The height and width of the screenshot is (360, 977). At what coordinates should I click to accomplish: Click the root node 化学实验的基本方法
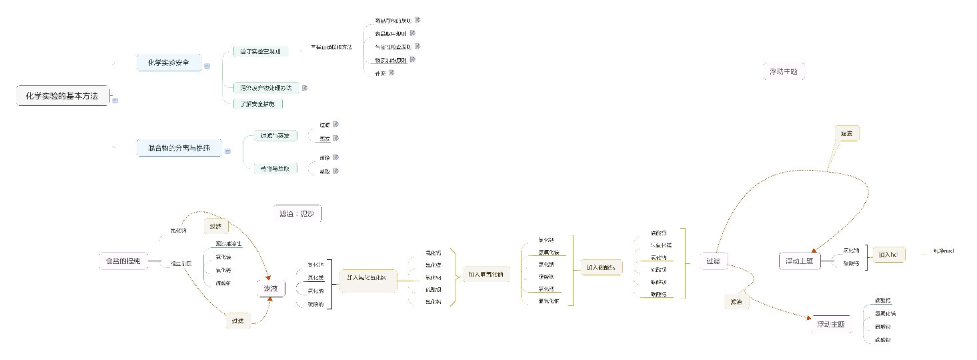[62, 96]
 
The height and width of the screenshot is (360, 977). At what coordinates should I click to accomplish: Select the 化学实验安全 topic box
[169, 63]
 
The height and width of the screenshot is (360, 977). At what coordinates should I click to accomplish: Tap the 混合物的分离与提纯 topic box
[179, 148]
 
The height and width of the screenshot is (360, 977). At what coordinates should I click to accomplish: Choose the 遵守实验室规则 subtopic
[260, 51]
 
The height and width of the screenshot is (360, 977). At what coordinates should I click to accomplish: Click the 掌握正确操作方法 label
[331, 47]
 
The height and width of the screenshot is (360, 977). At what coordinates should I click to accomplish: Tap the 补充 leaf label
[380, 73]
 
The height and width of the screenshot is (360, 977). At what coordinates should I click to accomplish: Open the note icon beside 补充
[391, 73]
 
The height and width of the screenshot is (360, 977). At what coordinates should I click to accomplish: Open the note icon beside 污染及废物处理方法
[305, 87]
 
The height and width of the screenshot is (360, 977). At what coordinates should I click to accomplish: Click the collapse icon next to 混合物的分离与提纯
[227, 151]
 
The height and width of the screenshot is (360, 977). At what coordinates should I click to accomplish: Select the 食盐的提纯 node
[122, 261]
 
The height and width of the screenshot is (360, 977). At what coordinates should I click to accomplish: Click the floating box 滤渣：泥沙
[297, 214]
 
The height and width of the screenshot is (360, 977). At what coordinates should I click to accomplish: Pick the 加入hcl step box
[888, 255]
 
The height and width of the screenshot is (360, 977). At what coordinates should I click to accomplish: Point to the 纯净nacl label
[944, 251]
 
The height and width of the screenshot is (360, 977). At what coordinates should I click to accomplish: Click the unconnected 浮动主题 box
[784, 71]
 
